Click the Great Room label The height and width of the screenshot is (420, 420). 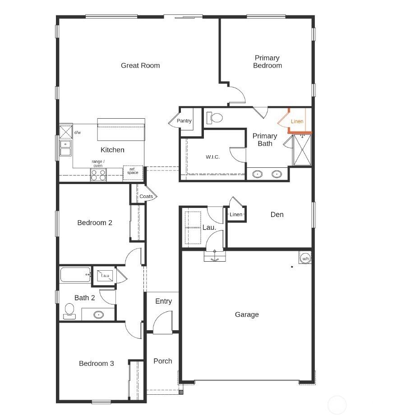click(x=140, y=65)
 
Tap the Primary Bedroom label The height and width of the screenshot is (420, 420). click(x=267, y=62)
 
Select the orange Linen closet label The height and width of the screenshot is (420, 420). click(x=297, y=121)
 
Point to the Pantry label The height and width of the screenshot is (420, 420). click(x=184, y=121)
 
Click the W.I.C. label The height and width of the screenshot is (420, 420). click(x=212, y=157)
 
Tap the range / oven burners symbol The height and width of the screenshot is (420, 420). click(x=98, y=175)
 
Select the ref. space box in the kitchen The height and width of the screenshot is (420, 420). click(x=133, y=172)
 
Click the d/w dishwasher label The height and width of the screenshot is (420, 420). click(x=77, y=133)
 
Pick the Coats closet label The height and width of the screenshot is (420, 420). click(x=146, y=197)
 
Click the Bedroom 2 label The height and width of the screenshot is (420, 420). click(x=95, y=222)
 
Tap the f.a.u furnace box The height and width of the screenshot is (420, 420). click(x=105, y=276)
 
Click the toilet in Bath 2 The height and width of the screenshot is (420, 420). click(x=69, y=310)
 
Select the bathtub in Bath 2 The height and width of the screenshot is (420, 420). click(x=75, y=274)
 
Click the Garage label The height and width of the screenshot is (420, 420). click(x=247, y=314)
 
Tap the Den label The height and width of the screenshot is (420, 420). click(x=277, y=215)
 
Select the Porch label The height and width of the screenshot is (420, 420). click(x=162, y=361)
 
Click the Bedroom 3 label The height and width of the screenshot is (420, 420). click(x=97, y=363)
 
